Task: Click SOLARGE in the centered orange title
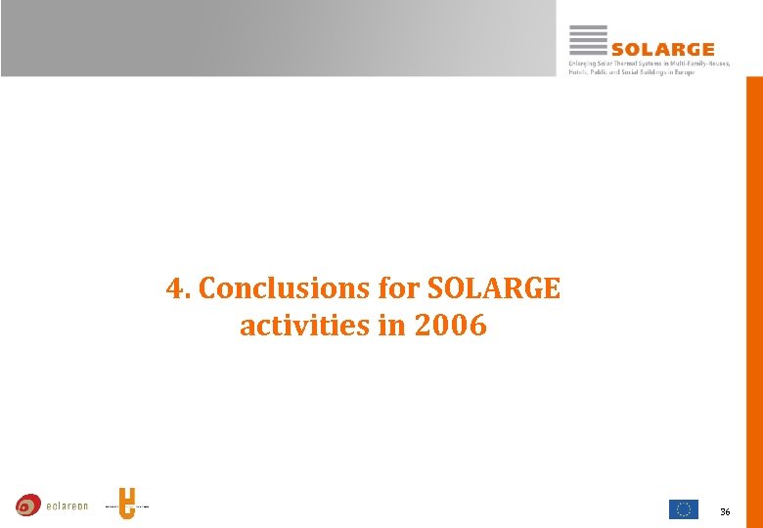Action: tap(494, 289)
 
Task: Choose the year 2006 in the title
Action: tap(450, 326)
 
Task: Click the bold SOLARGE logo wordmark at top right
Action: tap(662, 49)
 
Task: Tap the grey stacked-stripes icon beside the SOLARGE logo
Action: tap(588, 40)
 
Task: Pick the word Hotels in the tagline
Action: tap(579, 72)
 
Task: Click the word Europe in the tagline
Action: tap(683, 72)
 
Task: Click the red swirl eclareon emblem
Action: tap(28, 506)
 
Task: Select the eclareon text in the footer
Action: tap(67, 506)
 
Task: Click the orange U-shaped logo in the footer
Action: tap(126, 504)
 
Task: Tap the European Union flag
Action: tap(683, 508)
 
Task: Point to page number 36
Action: tap(725, 511)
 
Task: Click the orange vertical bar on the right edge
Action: tap(754, 293)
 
